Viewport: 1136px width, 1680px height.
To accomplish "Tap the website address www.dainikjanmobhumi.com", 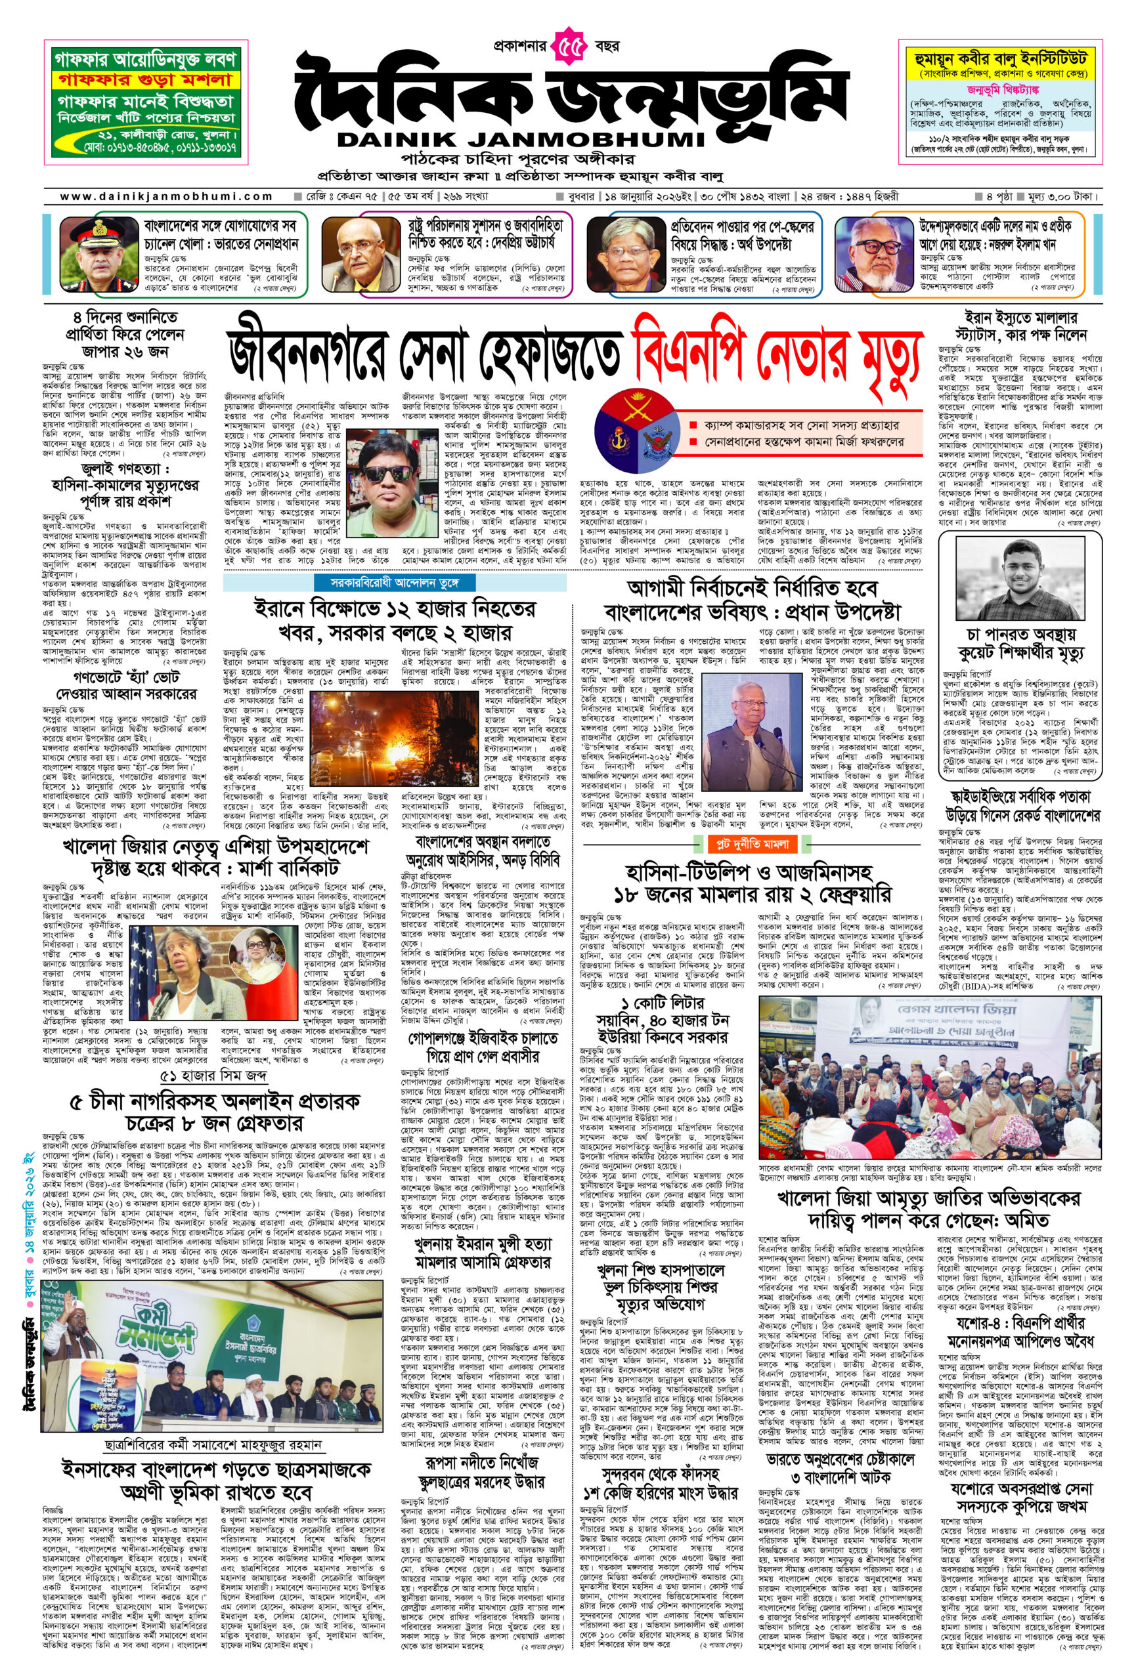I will pos(165,196).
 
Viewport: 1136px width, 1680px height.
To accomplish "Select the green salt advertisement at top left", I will pos(145,104).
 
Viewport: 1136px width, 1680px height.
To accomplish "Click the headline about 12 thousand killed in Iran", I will pos(395,619).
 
